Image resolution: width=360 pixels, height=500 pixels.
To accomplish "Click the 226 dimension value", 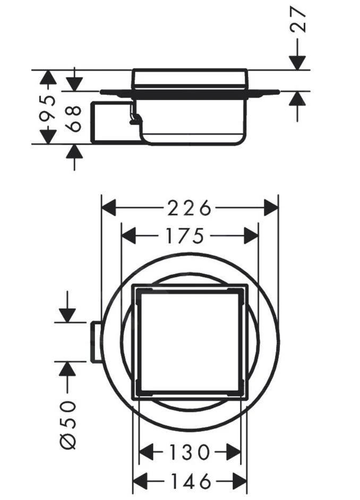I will click(190, 208).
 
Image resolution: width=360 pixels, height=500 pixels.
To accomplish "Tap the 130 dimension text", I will click(190, 453).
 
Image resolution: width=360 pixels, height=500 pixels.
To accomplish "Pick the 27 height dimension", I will click(299, 21).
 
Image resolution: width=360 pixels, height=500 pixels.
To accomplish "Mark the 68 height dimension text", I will click(75, 118).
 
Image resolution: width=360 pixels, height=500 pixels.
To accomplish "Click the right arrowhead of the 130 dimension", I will click(234, 453).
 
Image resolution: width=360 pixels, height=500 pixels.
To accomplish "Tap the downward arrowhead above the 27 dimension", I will click(297, 63).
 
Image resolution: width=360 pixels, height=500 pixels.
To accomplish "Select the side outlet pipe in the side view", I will click(109, 122).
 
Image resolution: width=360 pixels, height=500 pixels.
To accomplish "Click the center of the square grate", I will click(190, 342).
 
